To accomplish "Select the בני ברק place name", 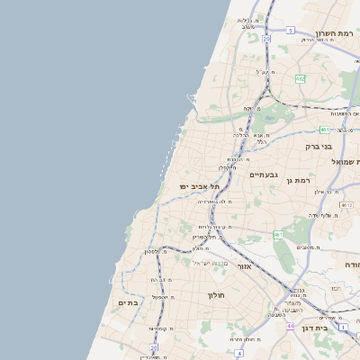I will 319,145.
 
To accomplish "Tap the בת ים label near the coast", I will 127,303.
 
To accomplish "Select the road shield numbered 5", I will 291,30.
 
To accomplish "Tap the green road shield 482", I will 300,78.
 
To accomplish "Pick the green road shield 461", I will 279,235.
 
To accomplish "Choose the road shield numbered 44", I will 290,326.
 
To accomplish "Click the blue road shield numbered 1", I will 341,326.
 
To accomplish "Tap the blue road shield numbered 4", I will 239,353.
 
